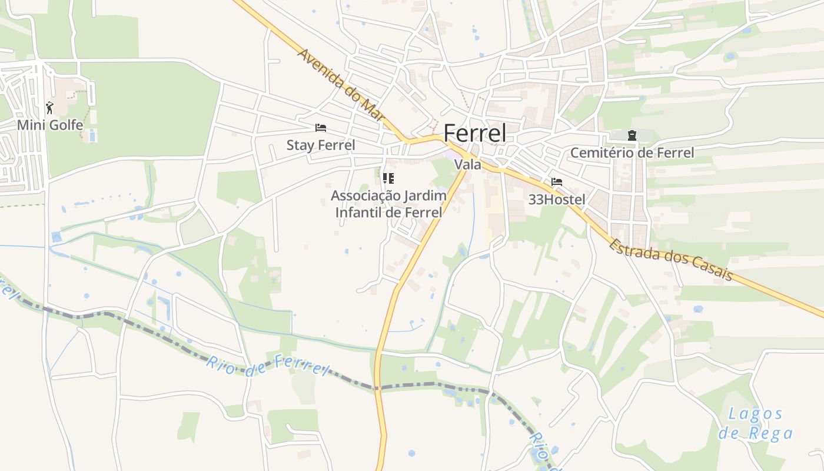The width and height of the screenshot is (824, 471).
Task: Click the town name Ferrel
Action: (x=474, y=134)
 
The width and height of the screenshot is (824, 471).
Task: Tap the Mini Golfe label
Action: (x=49, y=125)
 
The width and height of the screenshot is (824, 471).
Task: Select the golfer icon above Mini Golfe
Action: (x=49, y=108)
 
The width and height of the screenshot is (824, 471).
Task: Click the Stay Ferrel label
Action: (x=321, y=145)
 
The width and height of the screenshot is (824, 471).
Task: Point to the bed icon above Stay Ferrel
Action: (x=321, y=128)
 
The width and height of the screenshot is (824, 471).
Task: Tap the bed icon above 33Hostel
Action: (x=557, y=182)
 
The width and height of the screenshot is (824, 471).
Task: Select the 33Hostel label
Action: (x=557, y=200)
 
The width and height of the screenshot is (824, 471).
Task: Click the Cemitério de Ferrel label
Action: (x=632, y=153)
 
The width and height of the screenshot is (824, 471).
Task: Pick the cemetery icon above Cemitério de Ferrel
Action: (x=632, y=136)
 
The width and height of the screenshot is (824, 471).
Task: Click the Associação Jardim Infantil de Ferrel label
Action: (x=388, y=204)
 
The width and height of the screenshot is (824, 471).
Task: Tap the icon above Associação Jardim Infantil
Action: (x=388, y=178)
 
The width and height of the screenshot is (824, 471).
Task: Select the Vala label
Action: (x=468, y=165)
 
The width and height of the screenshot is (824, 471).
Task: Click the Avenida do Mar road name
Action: (x=341, y=86)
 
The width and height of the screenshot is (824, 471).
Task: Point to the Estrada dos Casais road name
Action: (x=670, y=259)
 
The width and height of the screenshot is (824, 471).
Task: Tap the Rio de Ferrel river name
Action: (x=267, y=366)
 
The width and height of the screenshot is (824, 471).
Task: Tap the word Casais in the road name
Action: (x=712, y=270)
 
